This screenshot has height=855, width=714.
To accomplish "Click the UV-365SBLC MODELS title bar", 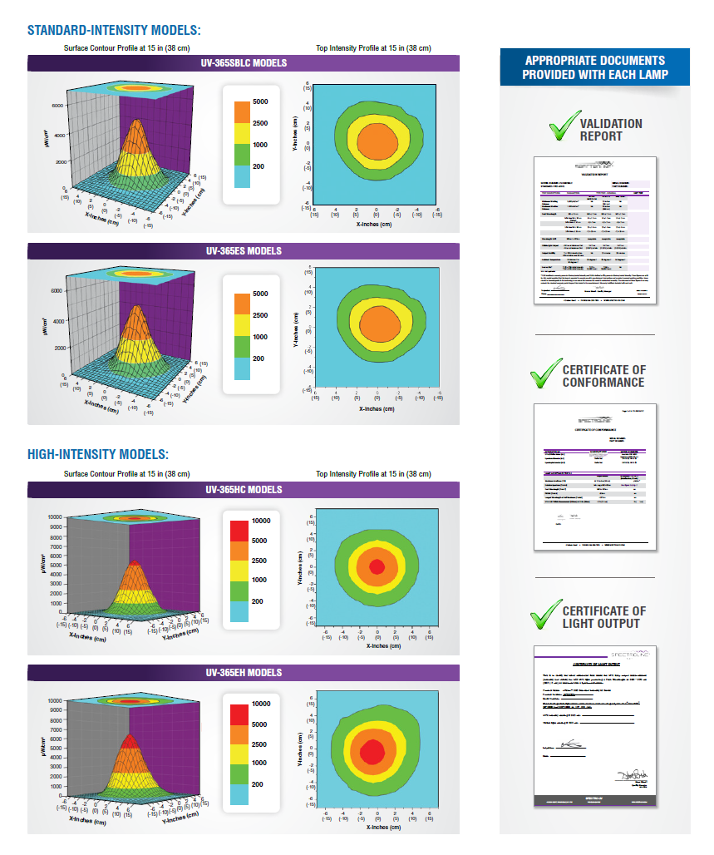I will click(244, 63).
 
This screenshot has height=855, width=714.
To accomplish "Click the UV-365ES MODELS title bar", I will click(244, 250).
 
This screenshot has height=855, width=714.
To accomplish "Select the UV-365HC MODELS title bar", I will click(244, 489).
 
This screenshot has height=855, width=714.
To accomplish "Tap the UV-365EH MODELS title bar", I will click(244, 672).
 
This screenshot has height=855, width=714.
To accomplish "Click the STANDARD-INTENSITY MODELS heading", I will click(114, 31).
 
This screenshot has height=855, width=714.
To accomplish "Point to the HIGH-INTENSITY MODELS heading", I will click(98, 454).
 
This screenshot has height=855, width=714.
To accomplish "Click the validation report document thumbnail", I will click(594, 230).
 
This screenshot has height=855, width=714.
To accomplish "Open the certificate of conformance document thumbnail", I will click(594, 477).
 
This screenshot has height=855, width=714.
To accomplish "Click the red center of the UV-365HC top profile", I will click(377, 567).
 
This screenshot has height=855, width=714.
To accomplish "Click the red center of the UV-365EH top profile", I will click(372, 748).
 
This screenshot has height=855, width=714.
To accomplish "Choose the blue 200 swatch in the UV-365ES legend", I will click(241, 368).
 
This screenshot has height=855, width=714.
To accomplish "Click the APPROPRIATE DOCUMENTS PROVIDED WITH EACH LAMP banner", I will click(594, 67).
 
